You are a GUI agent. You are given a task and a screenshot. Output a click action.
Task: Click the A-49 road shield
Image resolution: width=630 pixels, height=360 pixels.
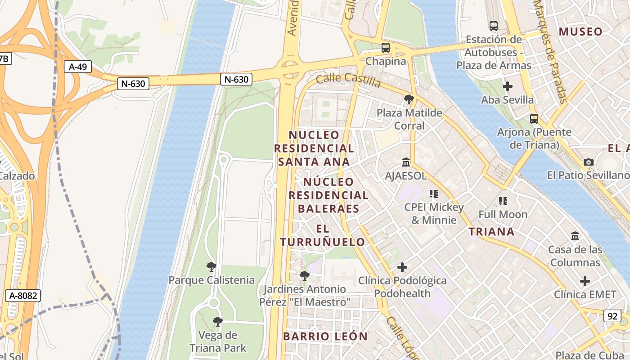click(78, 67)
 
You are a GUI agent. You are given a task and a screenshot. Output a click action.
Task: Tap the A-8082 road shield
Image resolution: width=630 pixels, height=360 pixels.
click(23, 296)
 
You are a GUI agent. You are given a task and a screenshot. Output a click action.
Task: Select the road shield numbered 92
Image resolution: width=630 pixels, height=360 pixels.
click(612, 316)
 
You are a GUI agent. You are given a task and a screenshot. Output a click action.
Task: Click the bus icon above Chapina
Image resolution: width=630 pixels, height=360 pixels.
click(385, 47)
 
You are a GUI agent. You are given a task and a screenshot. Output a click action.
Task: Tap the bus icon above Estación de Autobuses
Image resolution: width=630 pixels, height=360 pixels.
click(494, 26)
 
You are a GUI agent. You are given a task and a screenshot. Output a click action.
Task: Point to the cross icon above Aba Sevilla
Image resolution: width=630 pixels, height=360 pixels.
click(508, 86)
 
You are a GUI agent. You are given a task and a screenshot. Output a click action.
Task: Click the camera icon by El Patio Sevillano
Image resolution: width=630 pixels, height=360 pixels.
click(588, 162)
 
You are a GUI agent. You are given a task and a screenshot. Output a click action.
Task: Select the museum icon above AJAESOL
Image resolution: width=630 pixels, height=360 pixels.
click(406, 162)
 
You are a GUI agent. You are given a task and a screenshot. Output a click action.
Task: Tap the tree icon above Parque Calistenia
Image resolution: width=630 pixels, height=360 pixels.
click(211, 267)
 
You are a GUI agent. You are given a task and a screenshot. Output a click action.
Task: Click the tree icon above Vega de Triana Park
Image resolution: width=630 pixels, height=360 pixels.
click(218, 322)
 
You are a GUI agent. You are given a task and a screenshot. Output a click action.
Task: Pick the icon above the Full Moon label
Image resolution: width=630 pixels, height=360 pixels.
click(503, 201)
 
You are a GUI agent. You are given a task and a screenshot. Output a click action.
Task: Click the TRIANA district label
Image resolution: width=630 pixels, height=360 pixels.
click(491, 232)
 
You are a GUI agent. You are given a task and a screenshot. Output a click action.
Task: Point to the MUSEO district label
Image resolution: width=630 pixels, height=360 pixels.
click(580, 31)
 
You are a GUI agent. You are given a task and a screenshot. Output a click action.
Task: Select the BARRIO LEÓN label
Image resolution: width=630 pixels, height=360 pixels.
click(325, 336)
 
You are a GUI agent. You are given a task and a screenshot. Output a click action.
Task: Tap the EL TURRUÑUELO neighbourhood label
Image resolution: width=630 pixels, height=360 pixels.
click(323, 235)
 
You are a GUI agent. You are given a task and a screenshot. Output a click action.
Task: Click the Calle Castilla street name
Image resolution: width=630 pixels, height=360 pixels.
click(348, 80)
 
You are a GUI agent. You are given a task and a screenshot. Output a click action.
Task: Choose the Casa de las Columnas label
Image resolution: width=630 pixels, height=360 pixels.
click(575, 256)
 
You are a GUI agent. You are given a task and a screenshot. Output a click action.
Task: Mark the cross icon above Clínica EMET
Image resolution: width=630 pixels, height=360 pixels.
click(585, 282)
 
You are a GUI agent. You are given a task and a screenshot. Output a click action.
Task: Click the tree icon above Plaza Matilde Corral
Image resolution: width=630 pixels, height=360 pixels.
click(409, 99)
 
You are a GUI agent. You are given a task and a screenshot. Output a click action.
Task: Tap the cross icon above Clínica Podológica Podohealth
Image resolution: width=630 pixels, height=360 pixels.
click(402, 268)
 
